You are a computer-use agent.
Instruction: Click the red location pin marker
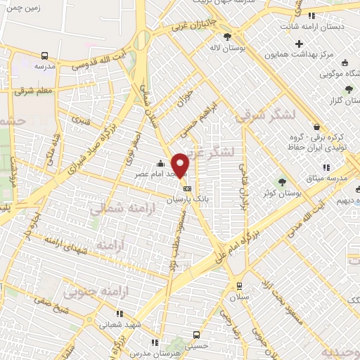(181, 165)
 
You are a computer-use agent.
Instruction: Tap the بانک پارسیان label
(188, 200)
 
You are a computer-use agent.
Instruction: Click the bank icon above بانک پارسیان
(188, 188)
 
